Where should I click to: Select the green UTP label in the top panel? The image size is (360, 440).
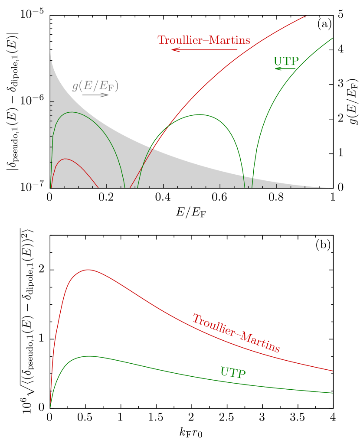click(x=286, y=62)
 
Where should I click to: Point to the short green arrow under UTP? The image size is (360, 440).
click(x=285, y=68)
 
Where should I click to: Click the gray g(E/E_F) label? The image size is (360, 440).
click(x=95, y=86)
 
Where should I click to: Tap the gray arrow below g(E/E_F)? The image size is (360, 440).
click(x=95, y=95)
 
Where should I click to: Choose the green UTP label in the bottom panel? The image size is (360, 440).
click(x=233, y=372)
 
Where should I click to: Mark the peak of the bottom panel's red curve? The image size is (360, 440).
click(x=88, y=270)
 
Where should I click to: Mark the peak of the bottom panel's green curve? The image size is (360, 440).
click(x=89, y=356)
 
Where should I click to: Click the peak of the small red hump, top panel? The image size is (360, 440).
click(x=65, y=159)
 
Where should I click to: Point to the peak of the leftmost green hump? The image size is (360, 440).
click(x=72, y=112)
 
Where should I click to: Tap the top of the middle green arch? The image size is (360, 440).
click(x=199, y=114)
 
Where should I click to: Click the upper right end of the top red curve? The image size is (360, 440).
click(x=306, y=16)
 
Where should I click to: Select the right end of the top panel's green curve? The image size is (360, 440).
click(x=333, y=38)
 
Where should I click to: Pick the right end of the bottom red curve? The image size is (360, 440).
click(x=332, y=371)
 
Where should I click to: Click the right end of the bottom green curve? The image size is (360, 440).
click(x=332, y=393)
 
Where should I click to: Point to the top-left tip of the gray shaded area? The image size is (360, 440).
click(x=51, y=52)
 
